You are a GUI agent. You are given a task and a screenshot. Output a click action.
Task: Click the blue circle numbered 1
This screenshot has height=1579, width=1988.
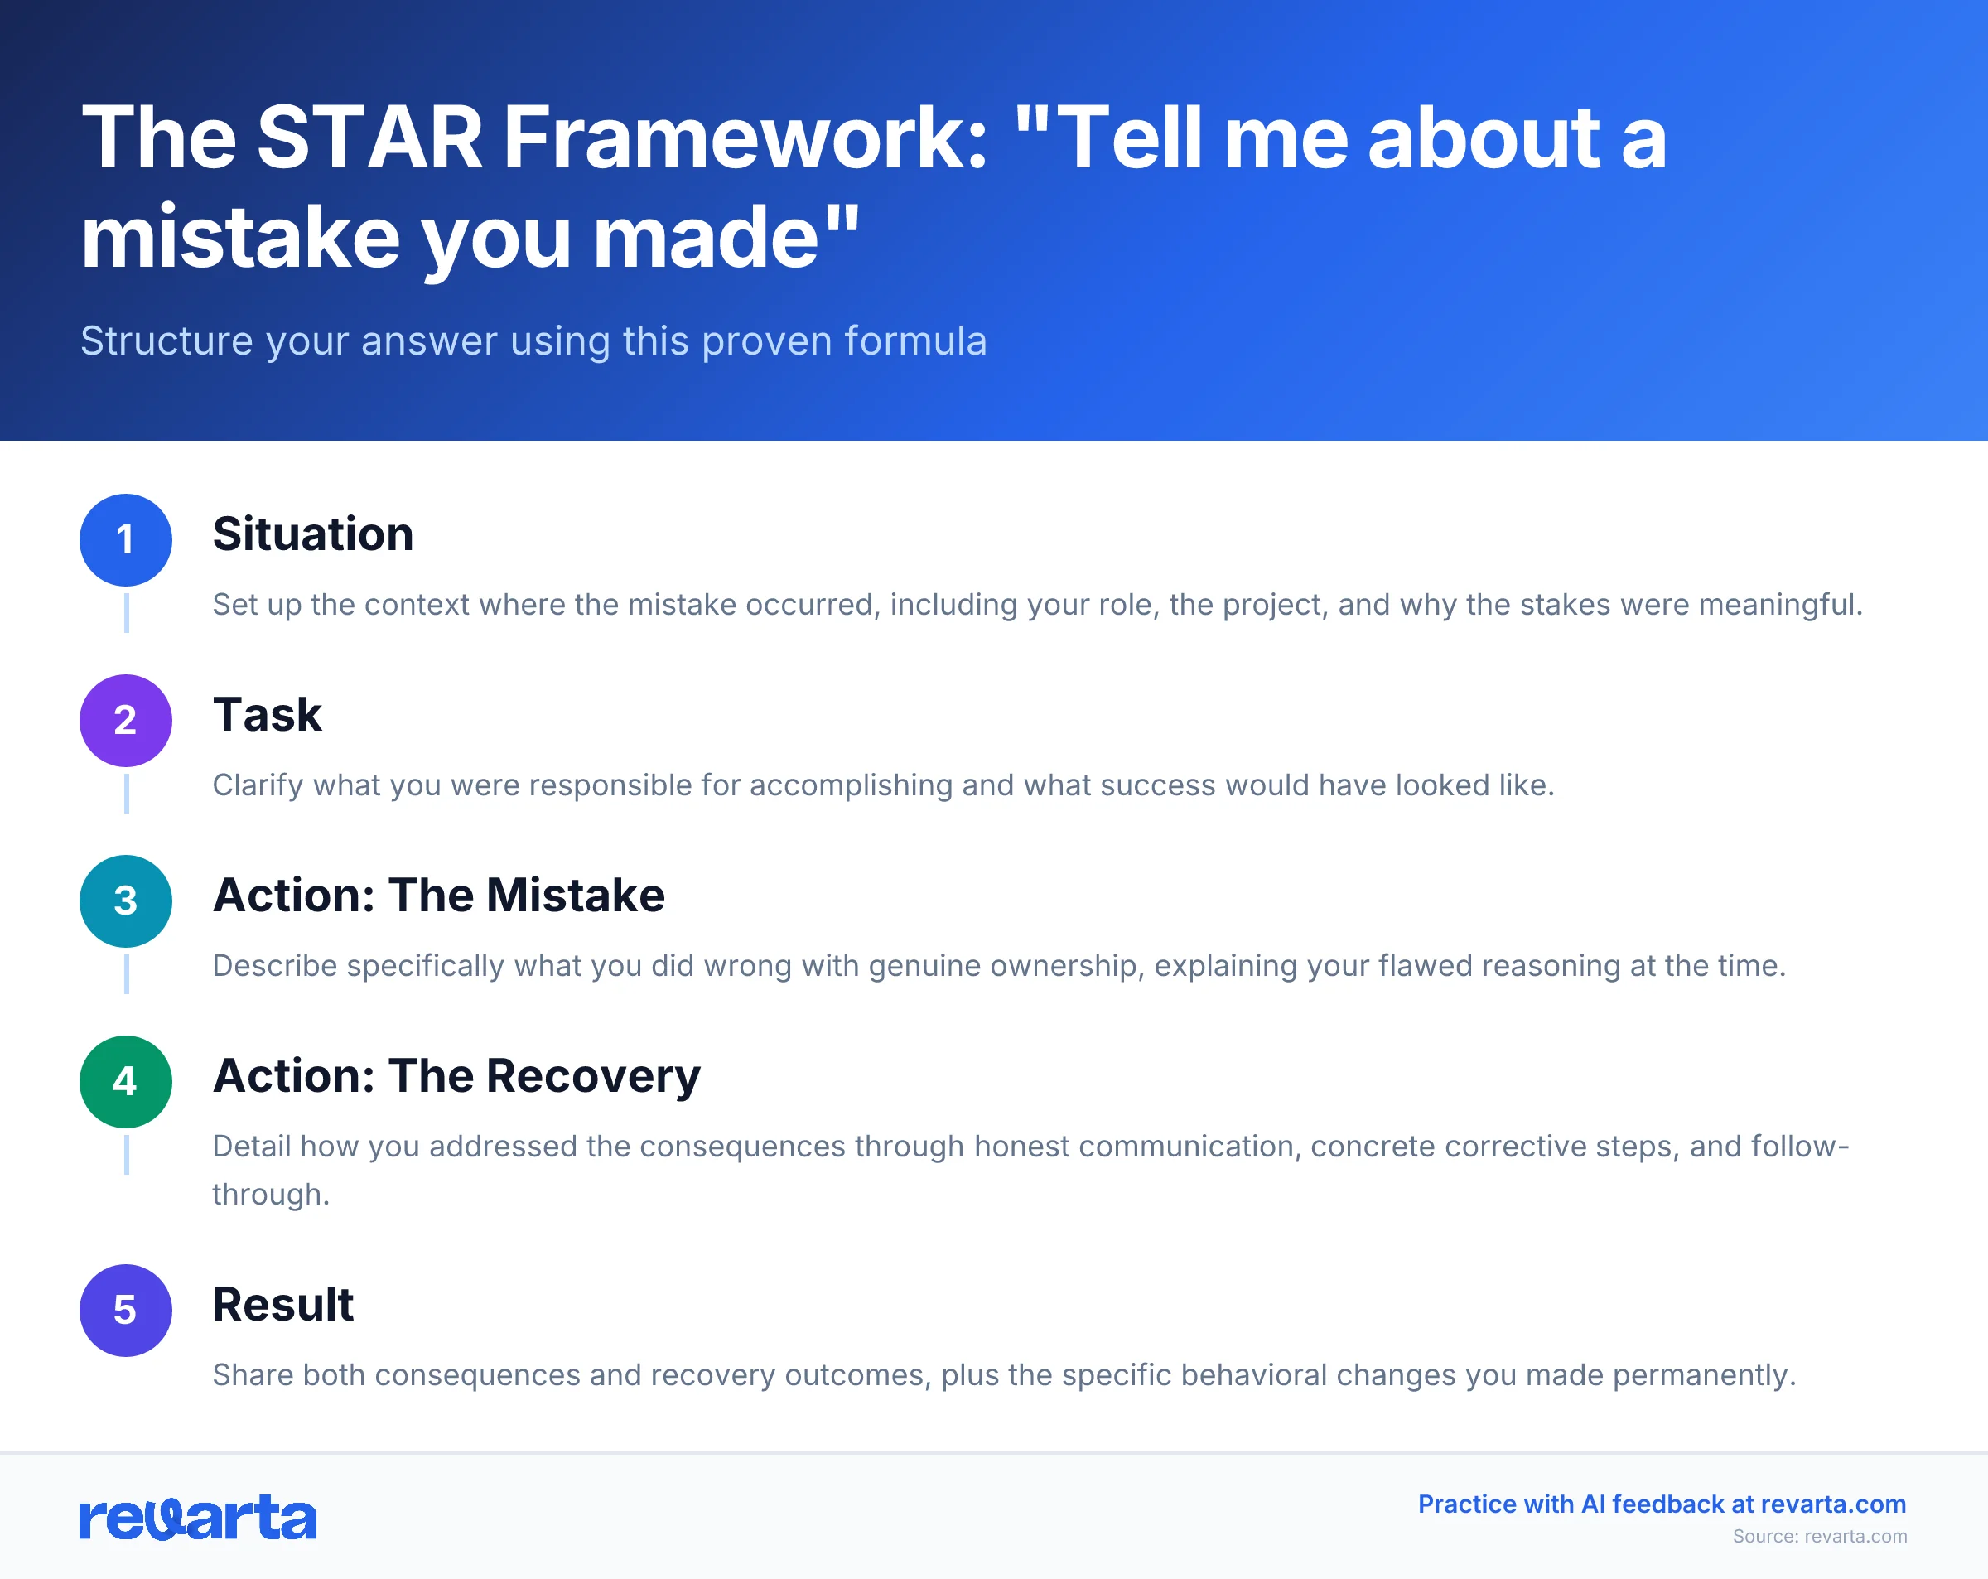pyautogui.click(x=125, y=539)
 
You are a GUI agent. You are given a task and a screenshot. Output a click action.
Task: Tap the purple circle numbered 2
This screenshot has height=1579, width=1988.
pyautogui.click(x=125, y=721)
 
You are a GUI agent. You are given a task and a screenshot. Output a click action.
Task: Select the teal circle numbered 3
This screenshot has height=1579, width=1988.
pyautogui.click(x=125, y=901)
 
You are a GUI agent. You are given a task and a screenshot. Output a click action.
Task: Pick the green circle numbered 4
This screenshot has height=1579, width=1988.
pyautogui.click(x=125, y=1082)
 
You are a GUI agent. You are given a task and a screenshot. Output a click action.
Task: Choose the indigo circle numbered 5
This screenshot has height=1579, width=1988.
pyautogui.click(x=125, y=1310)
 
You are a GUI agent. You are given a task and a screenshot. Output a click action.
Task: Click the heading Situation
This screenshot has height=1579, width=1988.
pyautogui.click(x=312, y=534)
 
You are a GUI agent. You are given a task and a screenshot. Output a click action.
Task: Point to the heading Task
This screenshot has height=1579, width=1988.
pyautogui.click(x=268, y=715)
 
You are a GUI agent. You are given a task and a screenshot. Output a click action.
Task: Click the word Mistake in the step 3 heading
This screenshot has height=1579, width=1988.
pyautogui.click(x=576, y=896)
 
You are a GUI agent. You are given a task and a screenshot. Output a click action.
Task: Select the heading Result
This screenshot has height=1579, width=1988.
pyautogui.click(x=283, y=1304)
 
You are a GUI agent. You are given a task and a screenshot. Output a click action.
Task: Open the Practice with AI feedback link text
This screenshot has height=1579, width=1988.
pyautogui.click(x=1662, y=1504)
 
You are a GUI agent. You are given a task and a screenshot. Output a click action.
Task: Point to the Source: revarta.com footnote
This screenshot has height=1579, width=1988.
pyautogui.click(x=1819, y=1537)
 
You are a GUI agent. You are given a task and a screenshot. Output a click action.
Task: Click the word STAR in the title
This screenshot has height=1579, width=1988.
pyautogui.click(x=369, y=138)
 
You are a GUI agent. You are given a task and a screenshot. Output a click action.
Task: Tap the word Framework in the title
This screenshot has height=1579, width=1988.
pyautogui.click(x=745, y=138)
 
